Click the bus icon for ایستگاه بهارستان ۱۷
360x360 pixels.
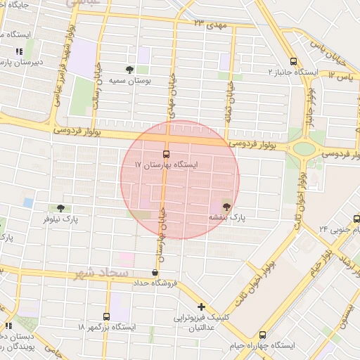point(167,153)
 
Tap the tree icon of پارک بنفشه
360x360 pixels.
point(226,207)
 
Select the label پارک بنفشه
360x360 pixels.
point(226,218)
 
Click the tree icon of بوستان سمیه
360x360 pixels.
point(129,70)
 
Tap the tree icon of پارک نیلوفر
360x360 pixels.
point(61,208)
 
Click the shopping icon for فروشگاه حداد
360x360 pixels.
point(155,272)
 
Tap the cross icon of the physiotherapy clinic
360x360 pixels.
point(202,307)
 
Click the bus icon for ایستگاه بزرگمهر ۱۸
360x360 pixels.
point(106,316)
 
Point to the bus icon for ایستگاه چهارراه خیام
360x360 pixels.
point(262,335)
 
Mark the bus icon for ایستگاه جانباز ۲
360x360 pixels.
point(293,61)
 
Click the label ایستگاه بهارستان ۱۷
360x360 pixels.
point(167,165)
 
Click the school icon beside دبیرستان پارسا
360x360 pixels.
point(19,51)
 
